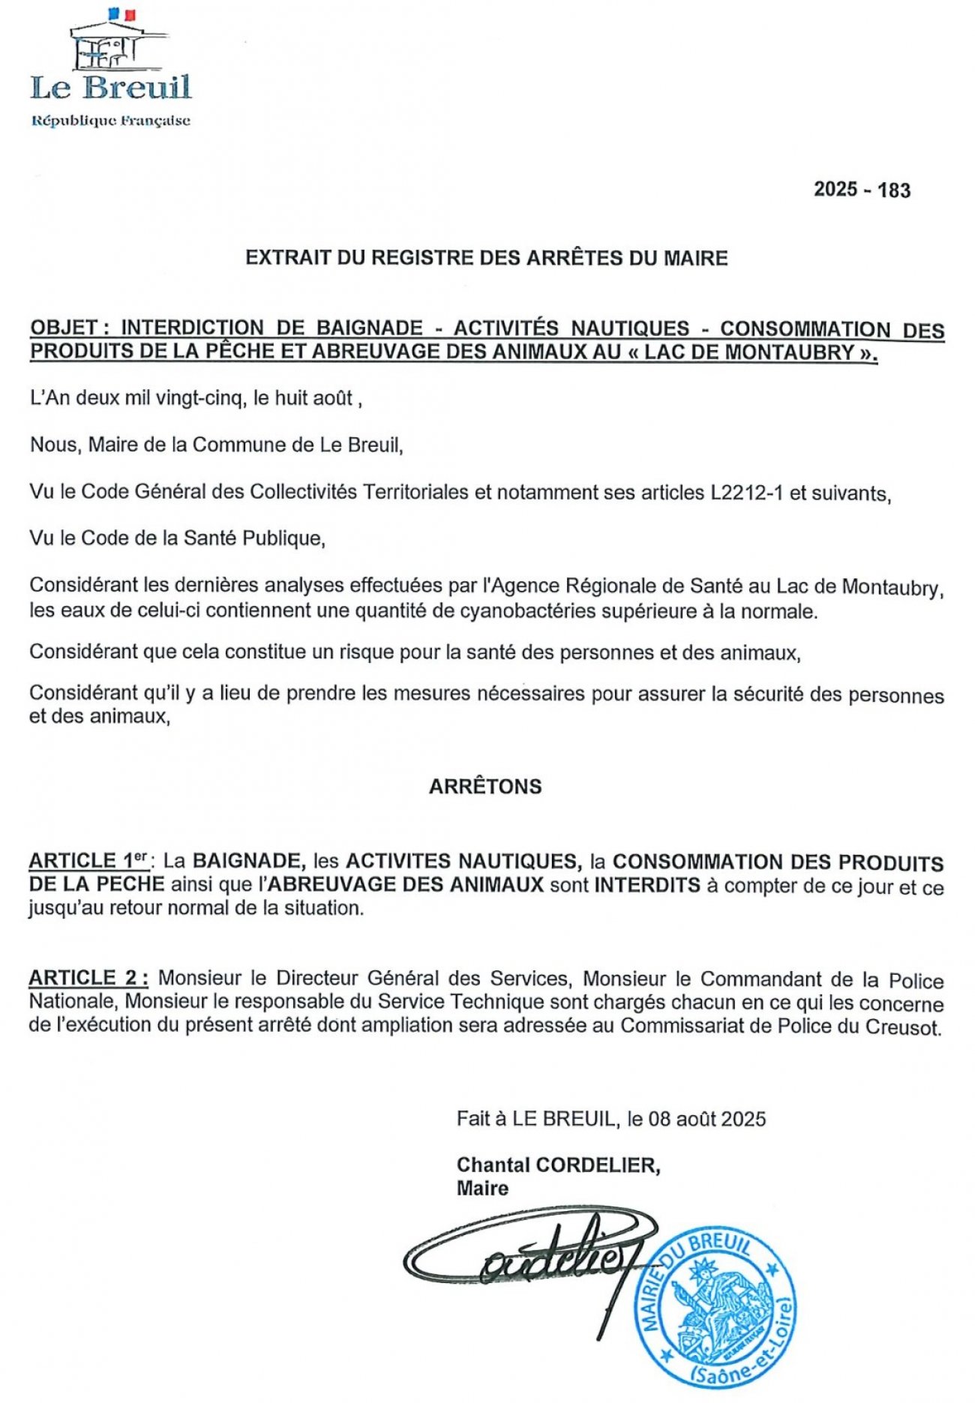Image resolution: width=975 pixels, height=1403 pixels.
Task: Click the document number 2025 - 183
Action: pos(862,189)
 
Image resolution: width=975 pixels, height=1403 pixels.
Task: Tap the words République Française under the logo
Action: pos(110,121)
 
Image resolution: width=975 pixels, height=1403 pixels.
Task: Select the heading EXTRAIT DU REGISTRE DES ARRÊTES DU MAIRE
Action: pos(487,258)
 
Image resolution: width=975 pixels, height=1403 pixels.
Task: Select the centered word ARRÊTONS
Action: pos(485,787)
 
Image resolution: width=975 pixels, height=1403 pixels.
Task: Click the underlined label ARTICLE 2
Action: pos(88,978)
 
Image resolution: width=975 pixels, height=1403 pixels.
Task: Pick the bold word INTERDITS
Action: pos(647,886)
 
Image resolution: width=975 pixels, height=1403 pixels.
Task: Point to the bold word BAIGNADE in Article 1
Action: pos(248,862)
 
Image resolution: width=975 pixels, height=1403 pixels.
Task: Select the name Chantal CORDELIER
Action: pos(558,1165)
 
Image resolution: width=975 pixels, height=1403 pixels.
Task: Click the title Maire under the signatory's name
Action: pos(482,1189)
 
